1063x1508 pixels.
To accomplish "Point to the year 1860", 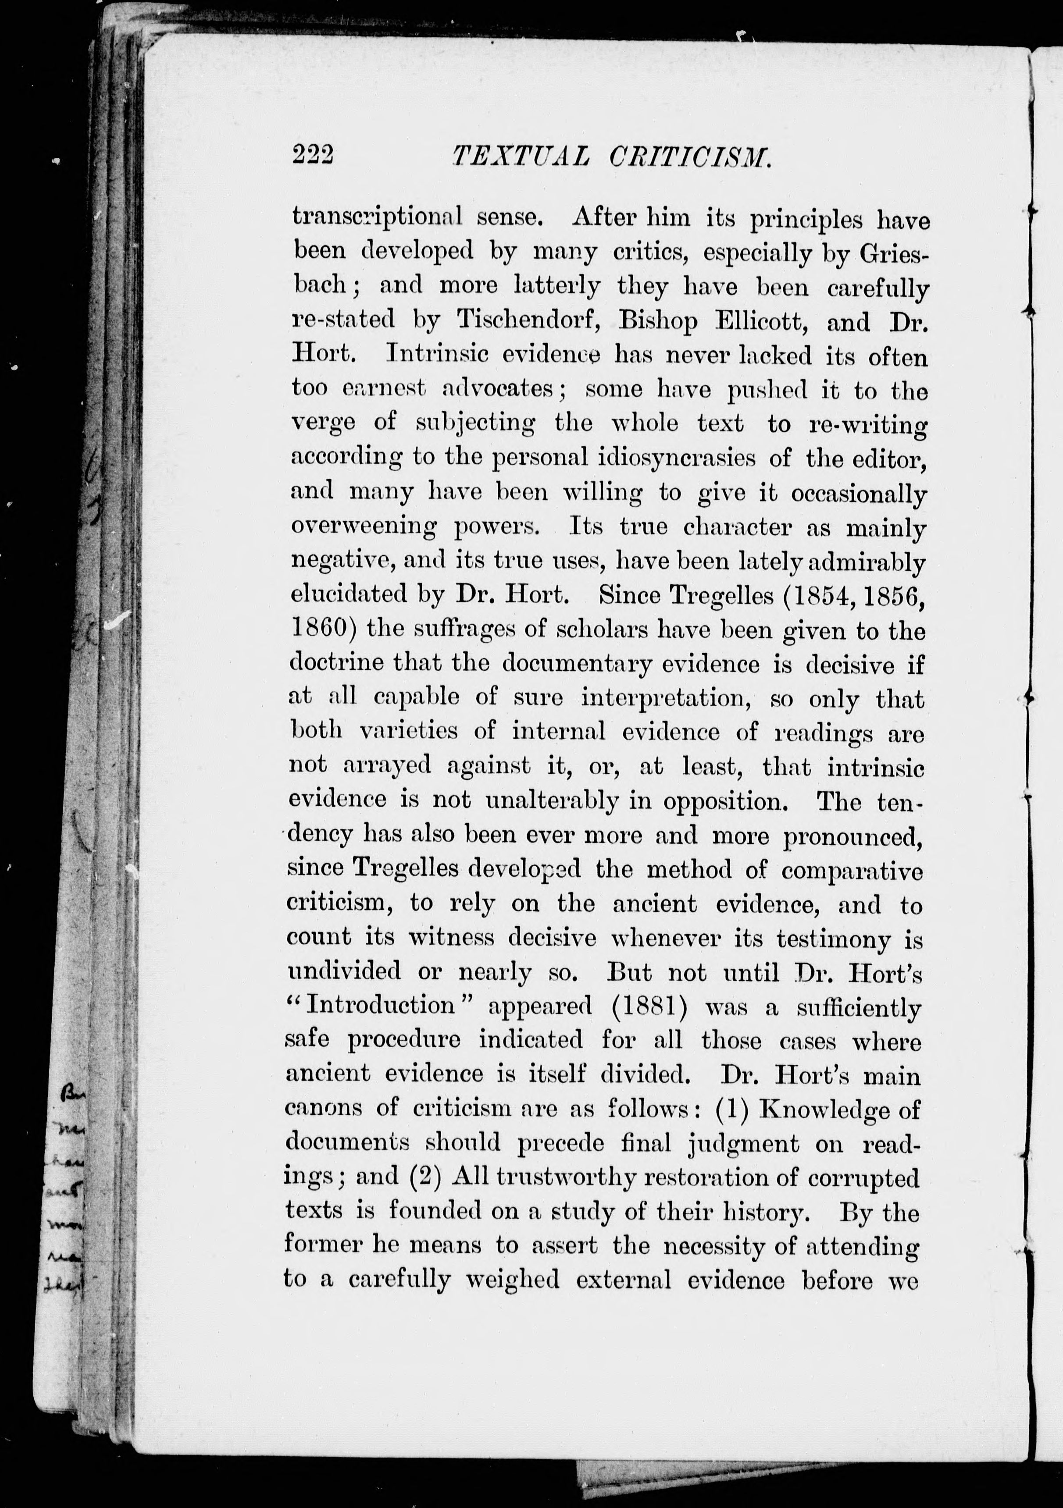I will point(319,629).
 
